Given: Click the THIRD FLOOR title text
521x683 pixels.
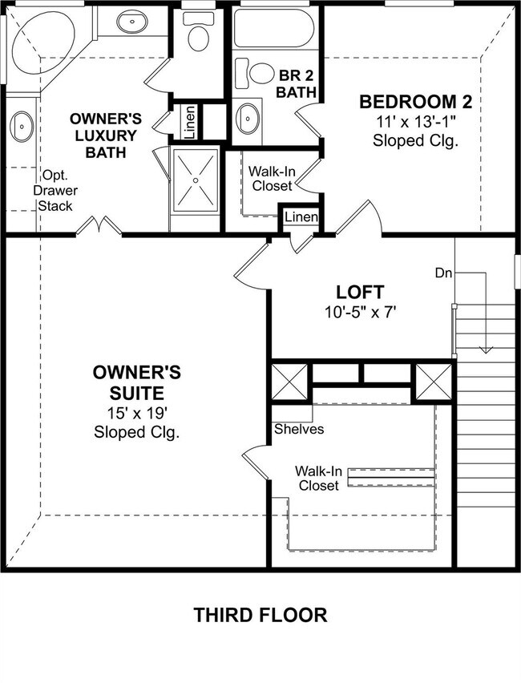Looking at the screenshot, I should click(260, 616).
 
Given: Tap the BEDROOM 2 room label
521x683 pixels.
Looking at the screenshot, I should click(414, 102).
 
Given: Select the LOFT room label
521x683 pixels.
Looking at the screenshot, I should click(360, 292).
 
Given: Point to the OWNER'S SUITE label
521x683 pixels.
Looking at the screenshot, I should click(136, 383).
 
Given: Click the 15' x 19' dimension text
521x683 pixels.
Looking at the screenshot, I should click(136, 414).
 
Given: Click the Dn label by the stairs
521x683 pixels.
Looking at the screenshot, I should click(444, 273).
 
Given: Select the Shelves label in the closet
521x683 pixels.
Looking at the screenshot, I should click(299, 429).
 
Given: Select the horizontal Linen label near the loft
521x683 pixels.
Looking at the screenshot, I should click(301, 217).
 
